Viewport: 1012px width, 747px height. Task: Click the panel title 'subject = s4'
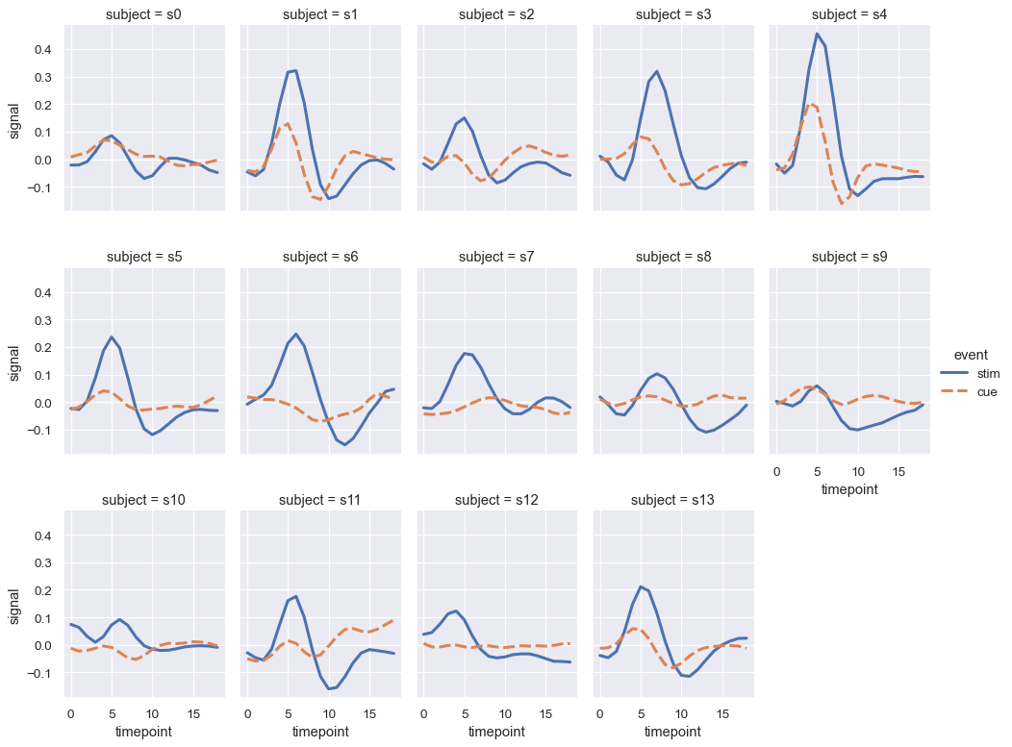click(x=849, y=13)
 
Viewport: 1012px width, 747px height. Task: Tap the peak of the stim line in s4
click(x=817, y=35)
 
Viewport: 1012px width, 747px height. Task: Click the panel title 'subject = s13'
click(x=673, y=500)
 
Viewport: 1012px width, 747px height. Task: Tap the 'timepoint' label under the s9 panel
click(x=849, y=488)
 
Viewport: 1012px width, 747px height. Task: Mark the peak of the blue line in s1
click(x=295, y=70)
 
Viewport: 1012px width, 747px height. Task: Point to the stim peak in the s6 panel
click(x=295, y=335)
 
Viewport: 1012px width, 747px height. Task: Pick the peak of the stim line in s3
click(x=657, y=71)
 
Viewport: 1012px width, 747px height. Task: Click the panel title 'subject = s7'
click(x=497, y=257)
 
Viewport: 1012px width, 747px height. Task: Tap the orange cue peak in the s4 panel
click(x=812, y=104)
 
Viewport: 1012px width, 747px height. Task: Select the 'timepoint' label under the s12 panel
click(x=497, y=732)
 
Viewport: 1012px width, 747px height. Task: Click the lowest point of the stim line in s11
click(x=329, y=688)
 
